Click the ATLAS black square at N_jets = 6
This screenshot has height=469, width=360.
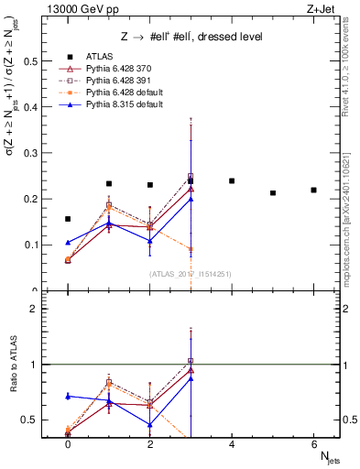click(x=313, y=190)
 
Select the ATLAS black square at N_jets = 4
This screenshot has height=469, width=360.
click(x=232, y=180)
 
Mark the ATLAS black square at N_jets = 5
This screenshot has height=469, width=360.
click(x=273, y=192)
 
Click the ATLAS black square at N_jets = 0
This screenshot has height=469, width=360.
click(x=68, y=219)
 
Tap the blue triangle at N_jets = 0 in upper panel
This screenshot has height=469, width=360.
click(x=68, y=243)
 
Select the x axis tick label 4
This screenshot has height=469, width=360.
click(x=232, y=442)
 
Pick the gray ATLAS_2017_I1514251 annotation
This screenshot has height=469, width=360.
click(x=191, y=274)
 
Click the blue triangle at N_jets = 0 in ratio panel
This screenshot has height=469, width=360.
click(x=68, y=396)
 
